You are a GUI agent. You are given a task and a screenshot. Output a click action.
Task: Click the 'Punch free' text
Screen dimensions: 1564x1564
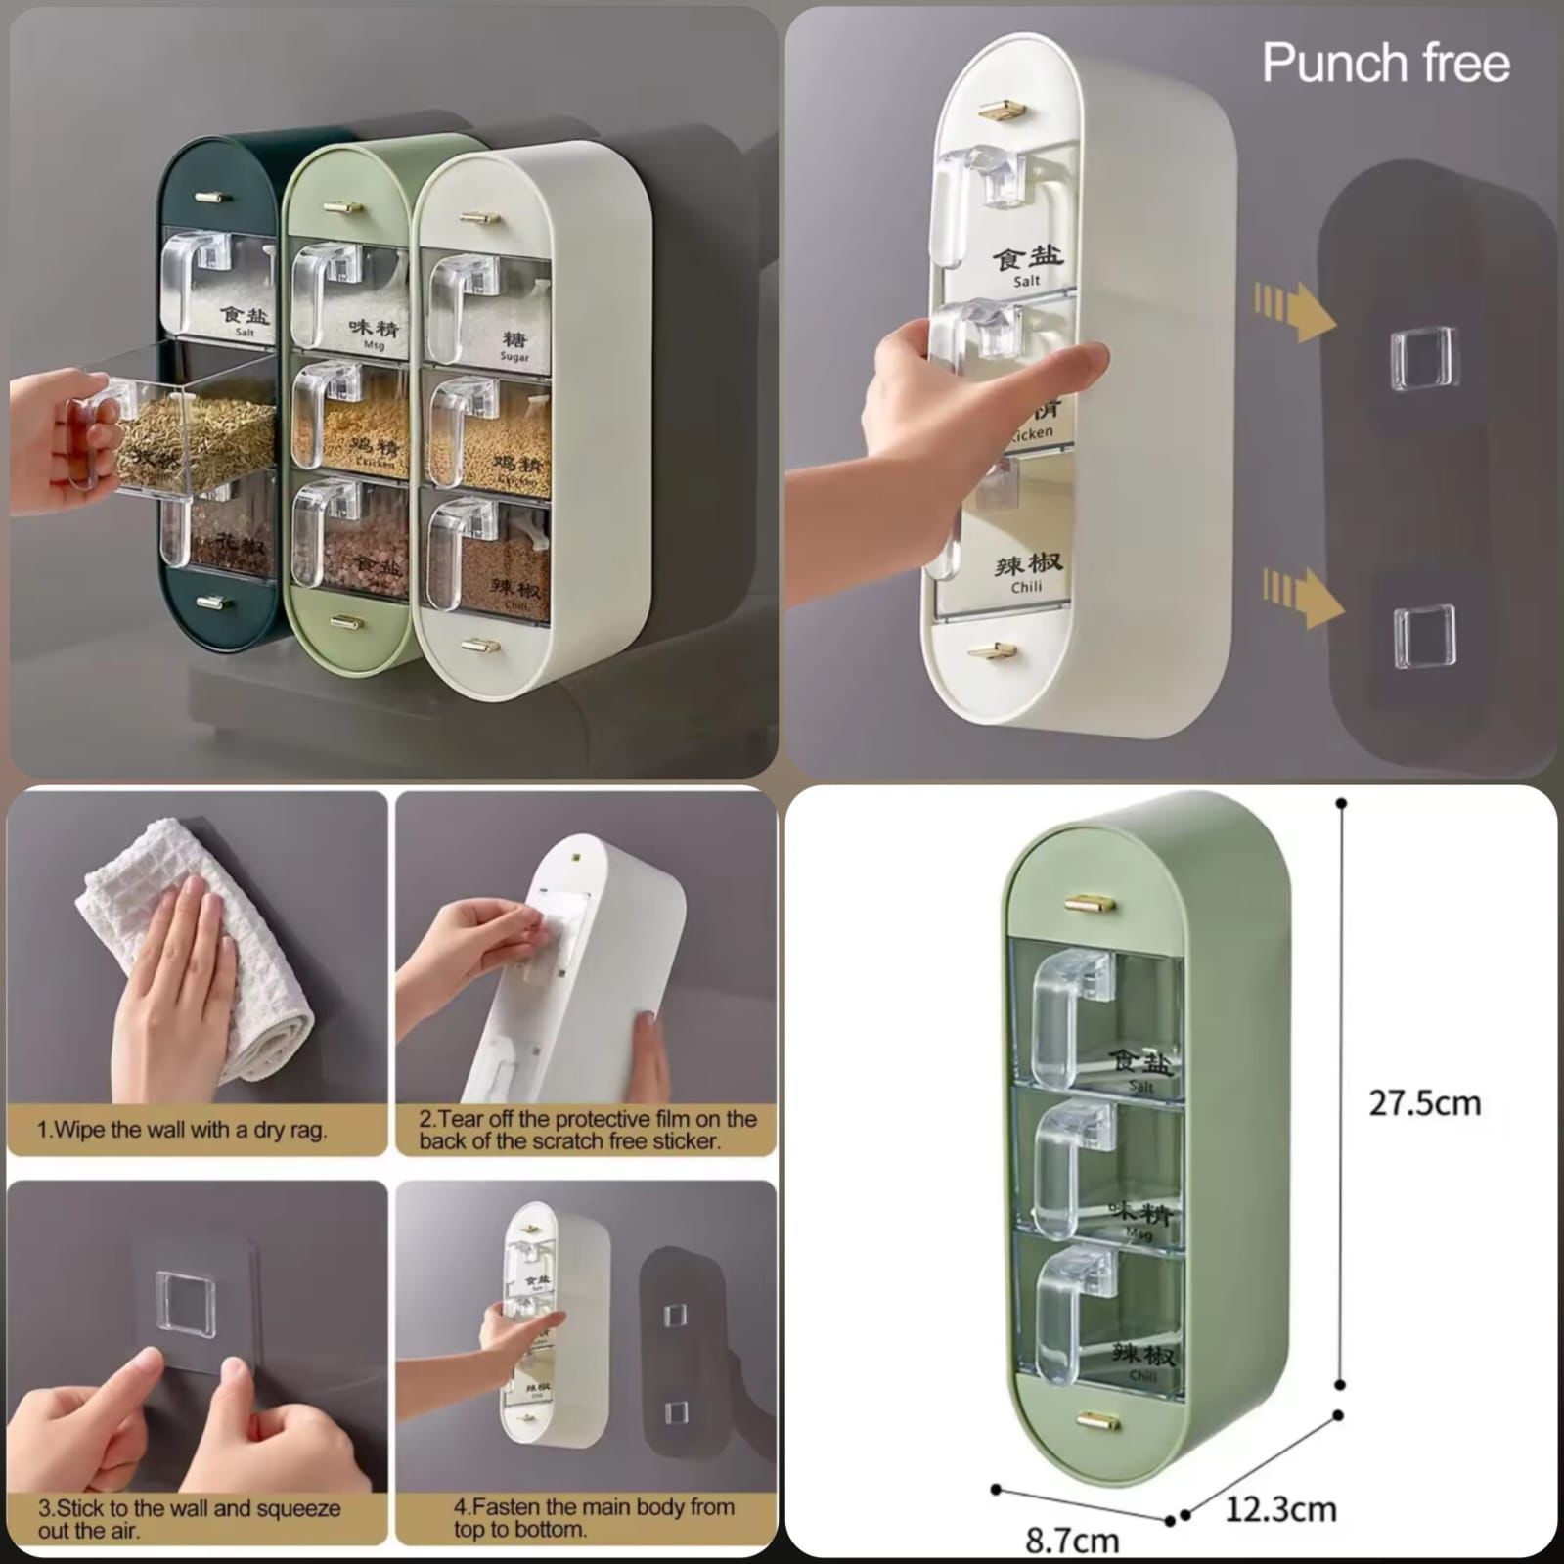(1385, 64)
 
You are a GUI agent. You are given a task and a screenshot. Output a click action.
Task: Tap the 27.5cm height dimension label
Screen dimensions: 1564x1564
(1424, 1103)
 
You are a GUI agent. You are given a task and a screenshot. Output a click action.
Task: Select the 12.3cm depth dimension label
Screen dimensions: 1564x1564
(1280, 1509)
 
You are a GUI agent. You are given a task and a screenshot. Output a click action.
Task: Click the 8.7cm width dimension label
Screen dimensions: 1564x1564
(1072, 1541)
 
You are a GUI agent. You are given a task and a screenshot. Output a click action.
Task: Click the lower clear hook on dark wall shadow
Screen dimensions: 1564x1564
(1423, 636)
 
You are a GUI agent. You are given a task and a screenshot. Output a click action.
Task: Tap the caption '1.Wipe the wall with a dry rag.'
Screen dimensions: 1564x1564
(182, 1130)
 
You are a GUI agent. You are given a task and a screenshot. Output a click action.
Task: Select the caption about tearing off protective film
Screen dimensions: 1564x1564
(587, 1130)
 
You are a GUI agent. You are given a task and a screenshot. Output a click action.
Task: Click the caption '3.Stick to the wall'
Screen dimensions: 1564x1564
(189, 1518)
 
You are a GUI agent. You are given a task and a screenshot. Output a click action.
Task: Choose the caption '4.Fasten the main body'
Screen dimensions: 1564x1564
(594, 1517)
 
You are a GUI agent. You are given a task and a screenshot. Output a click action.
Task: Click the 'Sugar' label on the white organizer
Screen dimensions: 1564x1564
(514, 357)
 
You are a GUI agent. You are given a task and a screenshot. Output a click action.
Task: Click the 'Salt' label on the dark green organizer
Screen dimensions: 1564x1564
(245, 333)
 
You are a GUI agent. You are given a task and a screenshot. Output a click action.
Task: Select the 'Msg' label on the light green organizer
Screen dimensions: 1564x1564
(374, 345)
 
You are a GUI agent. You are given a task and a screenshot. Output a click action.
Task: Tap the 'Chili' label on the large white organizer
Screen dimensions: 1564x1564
(1027, 587)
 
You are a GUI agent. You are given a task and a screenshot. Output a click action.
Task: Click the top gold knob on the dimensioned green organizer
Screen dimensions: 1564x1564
(1092, 902)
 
